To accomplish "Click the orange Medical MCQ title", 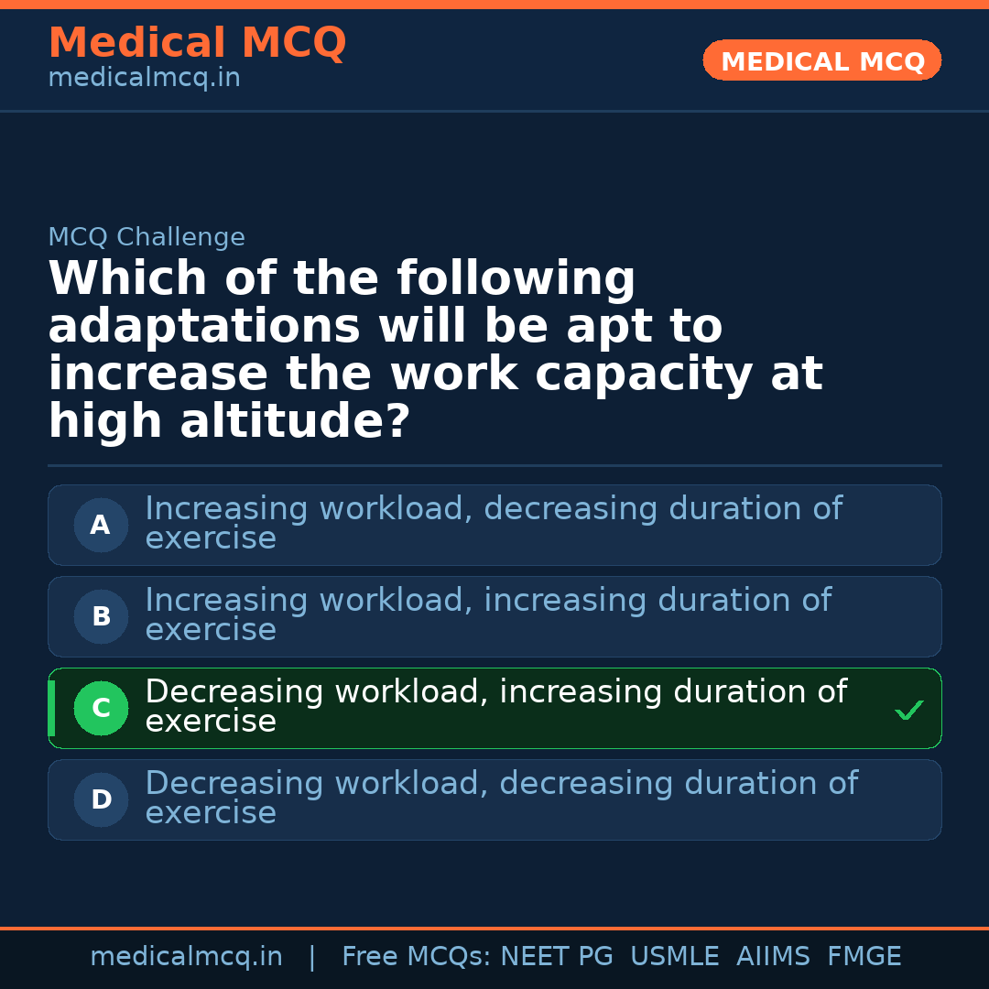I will pyautogui.click(x=197, y=43).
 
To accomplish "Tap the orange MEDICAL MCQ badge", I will pyautogui.click(x=822, y=61).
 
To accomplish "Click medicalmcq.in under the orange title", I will pyautogui.click(x=144, y=79).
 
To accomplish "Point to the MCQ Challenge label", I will pyautogui.click(x=147, y=237).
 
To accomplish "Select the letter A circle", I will pyautogui.click(x=101, y=526).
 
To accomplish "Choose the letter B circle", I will pyautogui.click(x=101, y=617).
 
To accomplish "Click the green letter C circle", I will pyautogui.click(x=101, y=709).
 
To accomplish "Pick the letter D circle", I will pyautogui.click(x=101, y=800).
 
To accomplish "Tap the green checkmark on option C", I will pyautogui.click(x=908, y=710).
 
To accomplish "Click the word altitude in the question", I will pyautogui.click(x=294, y=422).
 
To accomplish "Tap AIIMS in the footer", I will pyautogui.click(x=773, y=957).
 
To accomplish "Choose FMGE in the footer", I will pyautogui.click(x=864, y=957).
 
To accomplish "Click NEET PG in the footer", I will pyautogui.click(x=557, y=957).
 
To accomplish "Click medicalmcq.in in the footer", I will pyautogui.click(x=186, y=957).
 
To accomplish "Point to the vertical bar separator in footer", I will pyautogui.click(x=312, y=957).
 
